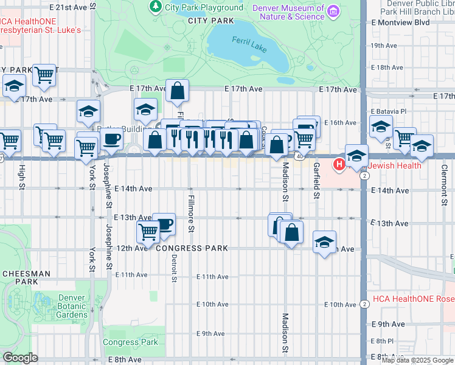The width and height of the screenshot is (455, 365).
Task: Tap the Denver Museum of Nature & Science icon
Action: (x=333, y=11)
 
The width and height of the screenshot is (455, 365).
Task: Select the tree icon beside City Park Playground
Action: (x=156, y=7)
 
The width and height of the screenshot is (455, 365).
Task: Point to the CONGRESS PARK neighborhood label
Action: (x=192, y=248)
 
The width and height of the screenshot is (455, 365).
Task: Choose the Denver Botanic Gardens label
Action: (x=72, y=306)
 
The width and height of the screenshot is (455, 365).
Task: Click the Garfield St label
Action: (x=316, y=180)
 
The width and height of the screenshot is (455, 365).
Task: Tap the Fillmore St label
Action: (x=190, y=214)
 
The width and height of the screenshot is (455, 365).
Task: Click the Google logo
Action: (x=20, y=358)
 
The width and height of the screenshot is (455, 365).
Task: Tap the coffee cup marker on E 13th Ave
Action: (x=164, y=224)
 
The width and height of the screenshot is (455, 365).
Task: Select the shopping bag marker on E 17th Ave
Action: (x=177, y=91)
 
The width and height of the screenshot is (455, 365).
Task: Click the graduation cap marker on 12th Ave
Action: (x=325, y=242)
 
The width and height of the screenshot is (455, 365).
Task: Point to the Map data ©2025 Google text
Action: (x=417, y=360)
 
